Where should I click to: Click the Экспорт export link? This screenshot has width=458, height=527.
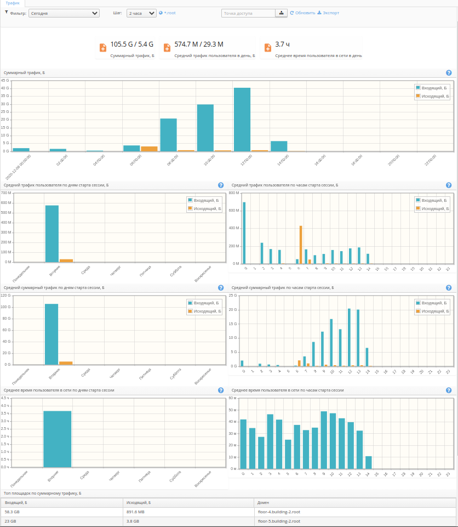[328, 13]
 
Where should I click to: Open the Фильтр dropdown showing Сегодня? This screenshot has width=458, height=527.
[64, 13]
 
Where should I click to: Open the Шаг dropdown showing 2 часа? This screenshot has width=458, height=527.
[141, 13]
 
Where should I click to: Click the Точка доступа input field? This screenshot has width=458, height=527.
[248, 13]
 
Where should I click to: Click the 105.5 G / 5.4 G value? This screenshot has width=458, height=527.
[132, 44]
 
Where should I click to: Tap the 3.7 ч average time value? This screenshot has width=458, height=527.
[283, 44]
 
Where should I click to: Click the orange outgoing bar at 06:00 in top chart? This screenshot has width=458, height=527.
[149, 148]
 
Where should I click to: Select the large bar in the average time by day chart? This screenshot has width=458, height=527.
[58, 439]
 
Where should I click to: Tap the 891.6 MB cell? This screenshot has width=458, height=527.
[136, 512]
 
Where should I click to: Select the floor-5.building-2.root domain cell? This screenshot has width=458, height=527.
[279, 521]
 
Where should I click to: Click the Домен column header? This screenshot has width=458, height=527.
[264, 502]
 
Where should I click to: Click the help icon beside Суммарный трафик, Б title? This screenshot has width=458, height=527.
[449, 73]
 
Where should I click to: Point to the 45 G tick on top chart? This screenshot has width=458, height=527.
[5, 81]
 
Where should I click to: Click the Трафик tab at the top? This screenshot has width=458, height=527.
[13, 3]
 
